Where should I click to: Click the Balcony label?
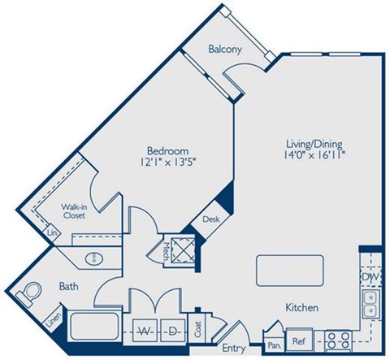coord(224,50)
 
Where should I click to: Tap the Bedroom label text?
coord(168,150)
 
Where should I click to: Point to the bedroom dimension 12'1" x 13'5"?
coord(168,163)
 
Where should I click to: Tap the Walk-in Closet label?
coord(75,211)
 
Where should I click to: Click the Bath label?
coord(68,287)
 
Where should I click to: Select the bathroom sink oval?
coord(93,258)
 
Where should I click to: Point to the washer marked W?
coord(146,332)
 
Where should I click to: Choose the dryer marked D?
coord(172,332)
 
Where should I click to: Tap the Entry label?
coord(234,349)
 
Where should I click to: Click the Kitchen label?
coord(301,308)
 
